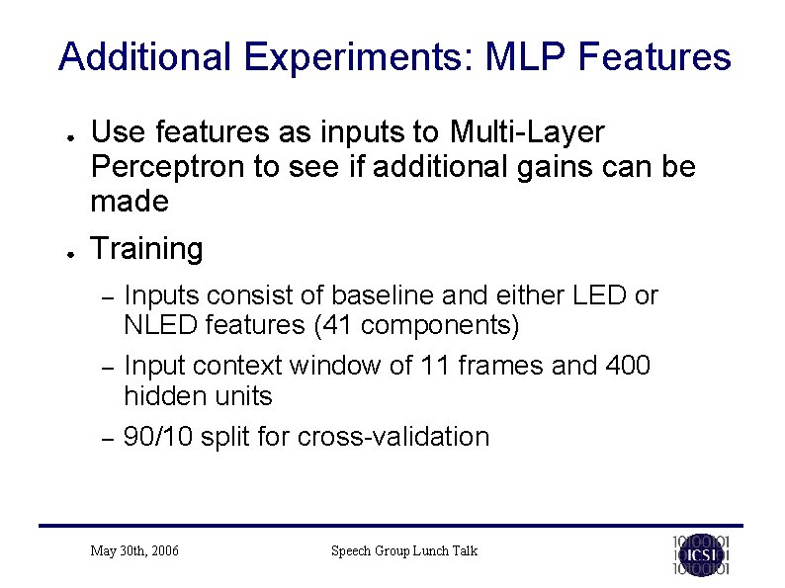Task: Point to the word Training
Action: point(146,249)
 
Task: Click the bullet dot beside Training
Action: point(61,252)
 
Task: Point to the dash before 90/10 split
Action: point(111,438)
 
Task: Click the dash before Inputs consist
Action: point(111,296)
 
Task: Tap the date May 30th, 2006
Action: point(134,550)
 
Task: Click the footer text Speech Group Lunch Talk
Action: point(403,550)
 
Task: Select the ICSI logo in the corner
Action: point(701,553)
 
